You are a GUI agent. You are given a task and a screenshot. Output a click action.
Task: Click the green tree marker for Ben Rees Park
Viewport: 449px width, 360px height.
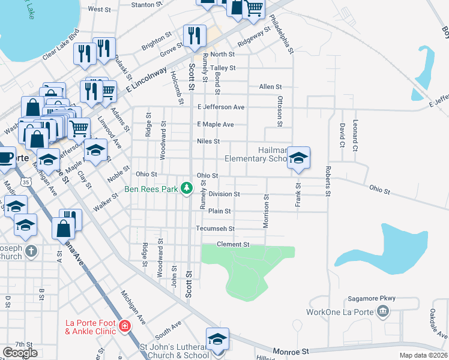187,189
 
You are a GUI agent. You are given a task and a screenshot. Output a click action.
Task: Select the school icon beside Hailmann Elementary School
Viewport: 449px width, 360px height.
298,159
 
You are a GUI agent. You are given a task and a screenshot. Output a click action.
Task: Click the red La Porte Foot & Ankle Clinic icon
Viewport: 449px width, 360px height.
125,326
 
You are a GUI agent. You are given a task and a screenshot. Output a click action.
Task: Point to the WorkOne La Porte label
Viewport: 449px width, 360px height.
340,312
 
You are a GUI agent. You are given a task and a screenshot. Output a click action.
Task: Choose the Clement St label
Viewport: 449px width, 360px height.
233,244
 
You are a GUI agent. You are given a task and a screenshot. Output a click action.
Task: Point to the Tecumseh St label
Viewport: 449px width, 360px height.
215,229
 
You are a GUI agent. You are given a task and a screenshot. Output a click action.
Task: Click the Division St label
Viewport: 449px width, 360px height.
224,194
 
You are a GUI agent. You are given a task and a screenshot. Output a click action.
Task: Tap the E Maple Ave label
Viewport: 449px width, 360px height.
215,124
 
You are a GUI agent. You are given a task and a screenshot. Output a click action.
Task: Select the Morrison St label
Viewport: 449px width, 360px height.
265,211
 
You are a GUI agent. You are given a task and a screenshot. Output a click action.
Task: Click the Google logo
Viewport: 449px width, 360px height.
20,352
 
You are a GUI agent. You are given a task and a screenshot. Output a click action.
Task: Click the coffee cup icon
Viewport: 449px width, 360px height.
5,158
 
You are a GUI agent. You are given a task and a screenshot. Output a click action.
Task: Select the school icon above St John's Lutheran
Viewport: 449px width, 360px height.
217,338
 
